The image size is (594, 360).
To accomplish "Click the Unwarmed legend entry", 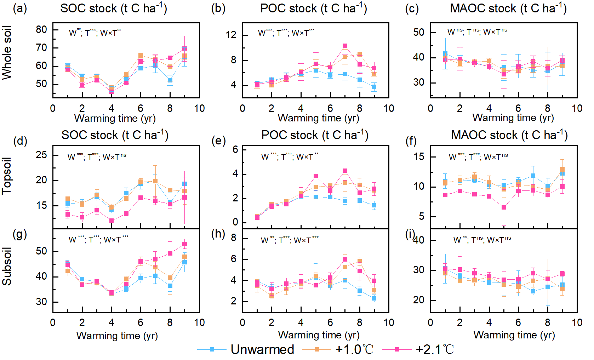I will (262, 349).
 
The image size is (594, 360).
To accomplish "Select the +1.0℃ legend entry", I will (354, 349).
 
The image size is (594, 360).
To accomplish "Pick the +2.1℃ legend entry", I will (435, 349).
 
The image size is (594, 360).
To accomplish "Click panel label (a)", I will (20, 8).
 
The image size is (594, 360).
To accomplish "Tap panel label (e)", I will (218, 141).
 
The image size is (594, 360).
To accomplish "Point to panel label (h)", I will (218, 234).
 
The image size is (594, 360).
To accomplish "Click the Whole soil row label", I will (7, 53).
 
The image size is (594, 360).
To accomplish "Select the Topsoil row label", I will (7, 176).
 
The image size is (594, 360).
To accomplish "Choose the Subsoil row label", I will (7, 266).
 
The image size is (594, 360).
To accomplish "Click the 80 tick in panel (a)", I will (41, 29).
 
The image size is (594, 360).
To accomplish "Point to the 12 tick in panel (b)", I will (231, 35).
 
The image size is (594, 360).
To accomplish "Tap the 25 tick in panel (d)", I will (41, 155).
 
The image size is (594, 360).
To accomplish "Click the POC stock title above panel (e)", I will (315, 135).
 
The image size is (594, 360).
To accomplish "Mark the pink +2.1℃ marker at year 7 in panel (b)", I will (345, 46).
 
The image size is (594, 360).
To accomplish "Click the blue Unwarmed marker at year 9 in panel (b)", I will (374, 87).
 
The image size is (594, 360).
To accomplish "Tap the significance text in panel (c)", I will (477, 32).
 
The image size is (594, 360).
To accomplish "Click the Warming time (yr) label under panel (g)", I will (117, 335).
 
